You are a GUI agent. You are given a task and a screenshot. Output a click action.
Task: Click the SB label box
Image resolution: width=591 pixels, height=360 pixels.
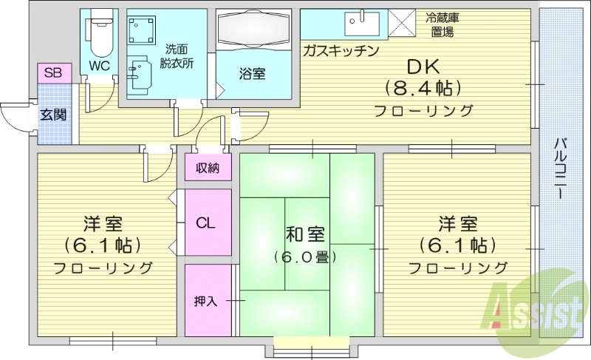tap(52, 72)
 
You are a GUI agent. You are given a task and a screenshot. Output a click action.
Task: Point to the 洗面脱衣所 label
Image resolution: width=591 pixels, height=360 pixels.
tap(178, 58)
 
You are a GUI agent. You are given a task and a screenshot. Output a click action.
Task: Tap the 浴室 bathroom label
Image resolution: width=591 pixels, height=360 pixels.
tap(252, 73)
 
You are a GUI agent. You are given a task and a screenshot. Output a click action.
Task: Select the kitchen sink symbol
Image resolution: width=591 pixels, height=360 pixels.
tap(361, 24)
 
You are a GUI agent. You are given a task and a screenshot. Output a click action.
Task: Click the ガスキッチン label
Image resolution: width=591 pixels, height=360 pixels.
tap(341, 50)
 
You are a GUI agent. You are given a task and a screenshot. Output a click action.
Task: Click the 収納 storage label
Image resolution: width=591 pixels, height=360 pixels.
tap(207, 168)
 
